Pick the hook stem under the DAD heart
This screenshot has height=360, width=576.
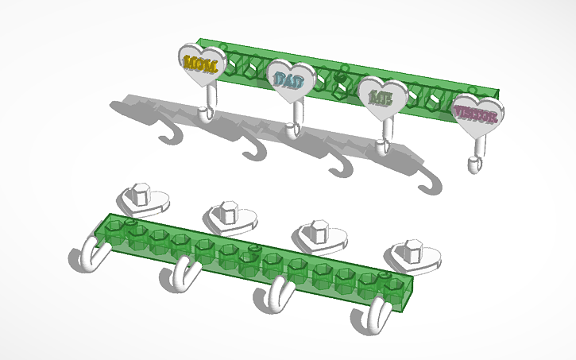pos(296,119)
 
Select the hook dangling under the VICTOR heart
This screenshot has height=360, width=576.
pos(475,159)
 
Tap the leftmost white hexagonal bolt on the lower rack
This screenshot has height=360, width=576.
pos(141,195)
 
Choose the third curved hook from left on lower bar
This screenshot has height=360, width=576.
pos(274,299)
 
